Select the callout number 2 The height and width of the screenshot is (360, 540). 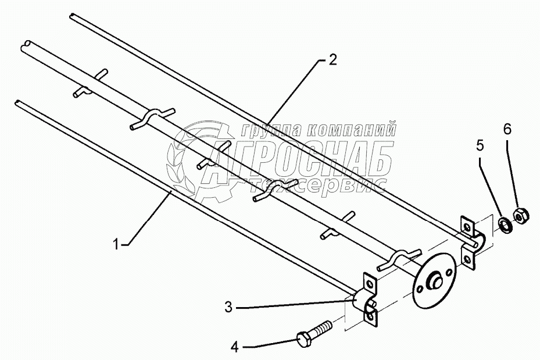click(x=332, y=60)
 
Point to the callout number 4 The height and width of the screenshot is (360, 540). click(x=234, y=347)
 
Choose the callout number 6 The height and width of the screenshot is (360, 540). click(x=507, y=130)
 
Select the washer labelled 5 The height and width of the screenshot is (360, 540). click(x=506, y=224)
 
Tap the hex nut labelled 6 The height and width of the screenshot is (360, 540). click(x=520, y=215)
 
